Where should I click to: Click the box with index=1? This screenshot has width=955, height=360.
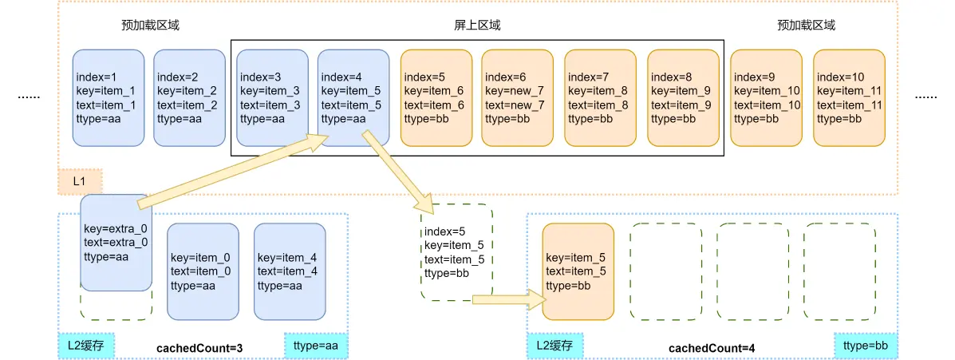[x=108, y=98]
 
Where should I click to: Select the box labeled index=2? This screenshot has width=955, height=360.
[x=189, y=98]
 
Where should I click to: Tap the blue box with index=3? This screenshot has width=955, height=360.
[x=272, y=98]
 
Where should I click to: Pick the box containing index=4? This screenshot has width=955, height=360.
[x=353, y=98]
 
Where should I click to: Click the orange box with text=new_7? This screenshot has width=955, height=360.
[x=517, y=98]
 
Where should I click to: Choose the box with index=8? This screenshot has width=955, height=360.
[x=683, y=98]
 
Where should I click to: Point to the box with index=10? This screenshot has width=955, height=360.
[x=849, y=98]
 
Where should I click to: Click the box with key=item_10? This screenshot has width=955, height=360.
[x=766, y=98]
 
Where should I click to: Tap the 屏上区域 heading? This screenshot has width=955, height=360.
[x=472, y=26]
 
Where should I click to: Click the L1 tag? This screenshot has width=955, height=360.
[x=80, y=182]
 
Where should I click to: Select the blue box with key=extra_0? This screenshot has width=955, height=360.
[x=116, y=243]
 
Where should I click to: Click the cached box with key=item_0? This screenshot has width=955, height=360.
[x=203, y=271]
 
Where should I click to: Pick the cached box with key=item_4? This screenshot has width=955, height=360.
[x=290, y=271]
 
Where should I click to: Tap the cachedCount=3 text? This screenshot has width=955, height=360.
[x=199, y=349]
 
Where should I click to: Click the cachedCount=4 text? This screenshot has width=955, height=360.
[x=712, y=349]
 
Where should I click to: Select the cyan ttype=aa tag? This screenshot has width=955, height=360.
[x=316, y=346]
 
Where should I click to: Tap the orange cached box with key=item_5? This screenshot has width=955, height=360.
[x=578, y=271]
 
